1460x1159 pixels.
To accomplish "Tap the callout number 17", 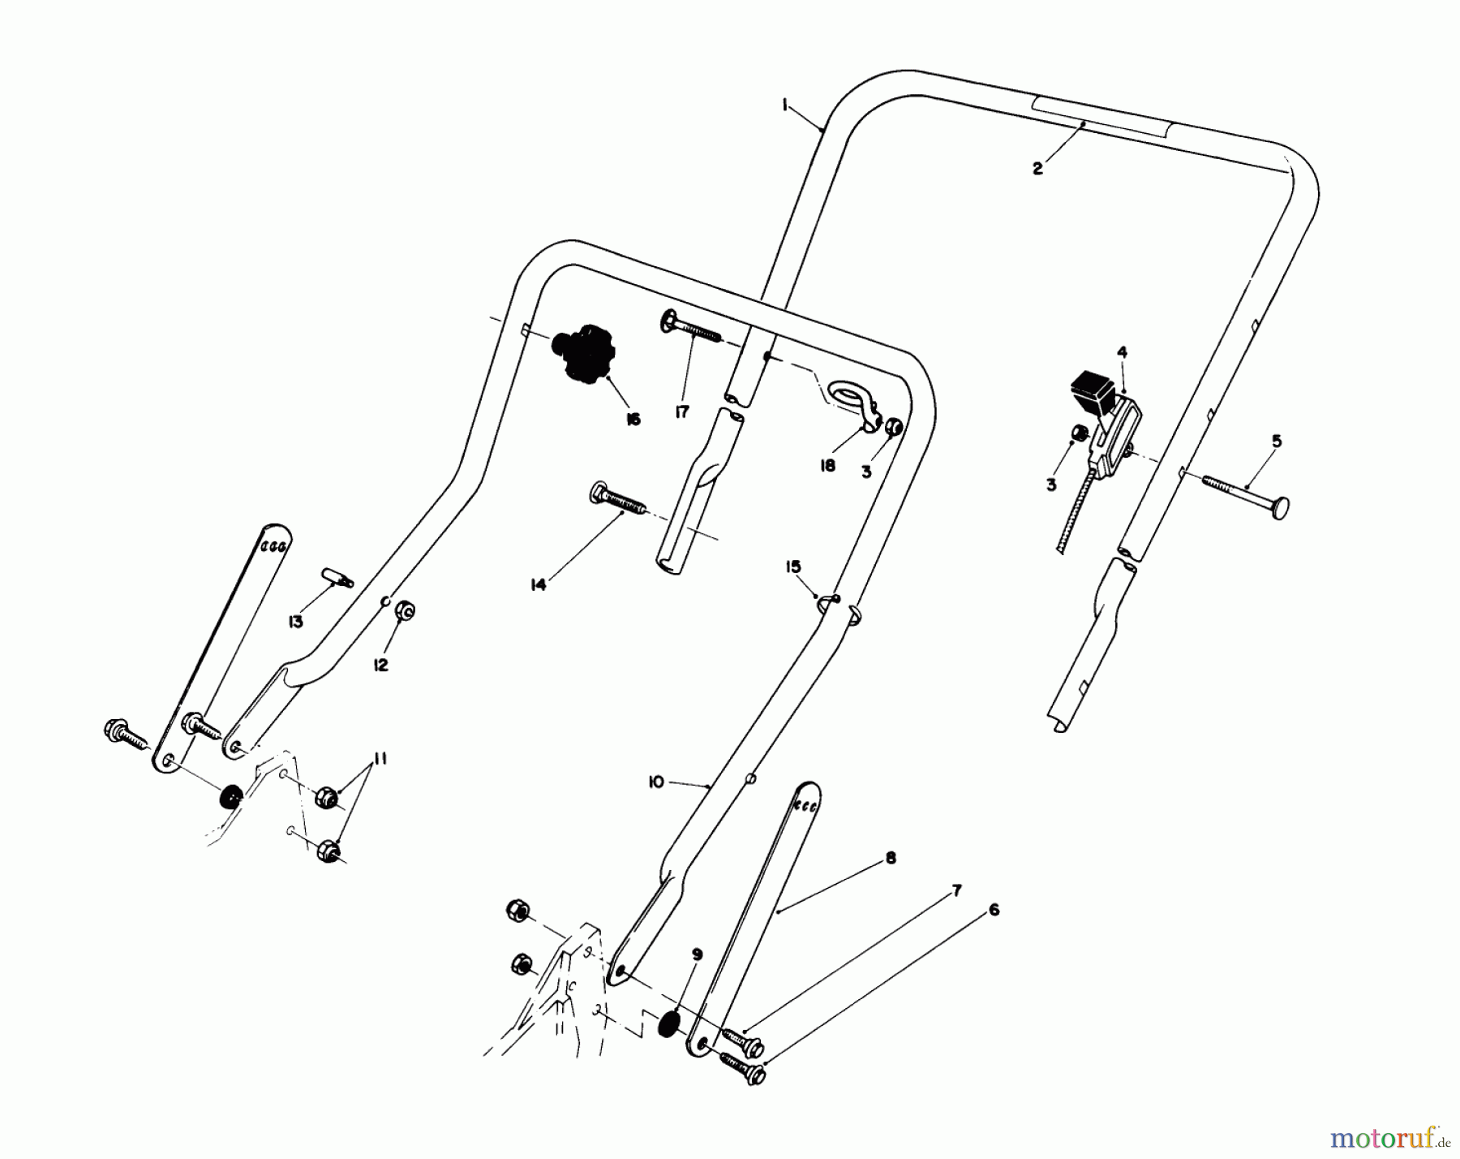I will [x=681, y=413].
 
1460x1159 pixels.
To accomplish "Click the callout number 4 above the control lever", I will [x=1122, y=351].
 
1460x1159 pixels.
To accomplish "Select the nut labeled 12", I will [x=405, y=610].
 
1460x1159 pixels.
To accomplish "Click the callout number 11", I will [x=379, y=759].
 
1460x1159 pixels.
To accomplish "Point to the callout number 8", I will [x=891, y=858].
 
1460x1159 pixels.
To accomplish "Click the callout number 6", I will [x=994, y=911].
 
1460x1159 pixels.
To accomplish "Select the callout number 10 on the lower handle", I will [x=656, y=782].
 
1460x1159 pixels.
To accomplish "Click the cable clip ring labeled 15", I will [x=827, y=600].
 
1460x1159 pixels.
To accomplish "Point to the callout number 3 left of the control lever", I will [x=1051, y=485].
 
